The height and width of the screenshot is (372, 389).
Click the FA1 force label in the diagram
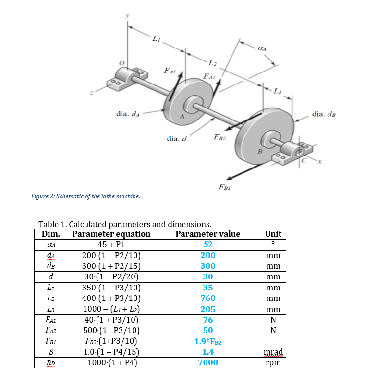[170, 71]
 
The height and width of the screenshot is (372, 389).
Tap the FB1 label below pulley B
[225, 187]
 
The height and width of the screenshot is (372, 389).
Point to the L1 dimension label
[156, 39]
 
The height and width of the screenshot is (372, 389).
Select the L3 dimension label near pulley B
[278, 91]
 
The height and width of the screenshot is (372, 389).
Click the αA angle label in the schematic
[262, 48]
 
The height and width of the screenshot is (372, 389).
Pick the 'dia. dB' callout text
[324, 114]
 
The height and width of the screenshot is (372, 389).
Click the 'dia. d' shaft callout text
[176, 138]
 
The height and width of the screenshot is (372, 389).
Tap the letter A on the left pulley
[182, 116]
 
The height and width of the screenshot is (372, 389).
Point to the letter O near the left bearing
[122, 63]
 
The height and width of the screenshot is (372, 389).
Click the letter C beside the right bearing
[304, 161]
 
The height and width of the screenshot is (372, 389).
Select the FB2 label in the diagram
[219, 137]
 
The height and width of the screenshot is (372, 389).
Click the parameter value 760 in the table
[208, 298]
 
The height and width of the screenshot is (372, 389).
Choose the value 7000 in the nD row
[208, 362]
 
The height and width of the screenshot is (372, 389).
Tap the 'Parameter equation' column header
[111, 234]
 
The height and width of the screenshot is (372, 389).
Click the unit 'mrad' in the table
[273, 352]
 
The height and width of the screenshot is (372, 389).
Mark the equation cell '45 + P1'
[111, 244]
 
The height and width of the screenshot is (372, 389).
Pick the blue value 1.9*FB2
[208, 341]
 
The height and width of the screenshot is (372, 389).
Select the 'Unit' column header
[273, 234]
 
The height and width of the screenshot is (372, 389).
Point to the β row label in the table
[50, 352]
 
